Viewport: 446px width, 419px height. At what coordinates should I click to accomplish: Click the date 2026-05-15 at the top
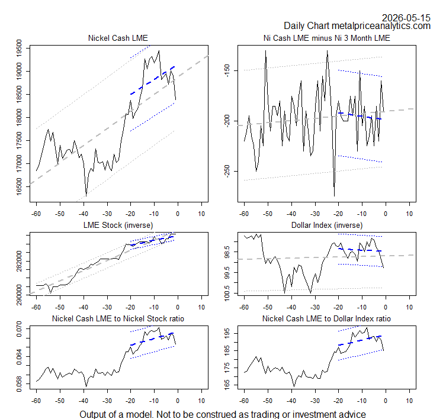pyautogui.click(x=406, y=18)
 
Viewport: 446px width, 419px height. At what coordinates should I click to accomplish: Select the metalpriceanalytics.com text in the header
pyautogui.click(x=381, y=26)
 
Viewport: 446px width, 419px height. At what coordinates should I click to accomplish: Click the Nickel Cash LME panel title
pyautogui.click(x=118, y=38)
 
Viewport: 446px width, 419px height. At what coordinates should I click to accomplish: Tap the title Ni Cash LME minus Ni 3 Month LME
pyautogui.click(x=326, y=38)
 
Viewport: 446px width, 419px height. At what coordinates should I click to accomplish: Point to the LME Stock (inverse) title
pyautogui.click(x=118, y=225)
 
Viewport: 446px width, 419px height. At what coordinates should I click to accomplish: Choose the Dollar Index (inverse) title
pyautogui.click(x=327, y=225)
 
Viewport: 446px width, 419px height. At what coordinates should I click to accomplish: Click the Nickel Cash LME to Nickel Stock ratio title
pyautogui.click(x=118, y=318)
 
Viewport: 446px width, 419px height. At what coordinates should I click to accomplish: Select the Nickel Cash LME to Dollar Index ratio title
pyautogui.click(x=326, y=318)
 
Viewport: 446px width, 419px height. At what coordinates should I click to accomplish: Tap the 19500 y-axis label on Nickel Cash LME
pyautogui.click(x=19, y=49)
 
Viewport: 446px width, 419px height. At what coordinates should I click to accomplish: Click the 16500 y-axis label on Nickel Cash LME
pyautogui.click(x=19, y=187)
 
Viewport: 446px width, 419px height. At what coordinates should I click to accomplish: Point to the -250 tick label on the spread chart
pyautogui.click(x=227, y=171)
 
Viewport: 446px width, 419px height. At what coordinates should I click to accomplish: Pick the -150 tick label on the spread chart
pyautogui.click(x=227, y=70)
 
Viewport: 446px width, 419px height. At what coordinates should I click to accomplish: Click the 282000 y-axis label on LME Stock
pyautogui.click(x=19, y=261)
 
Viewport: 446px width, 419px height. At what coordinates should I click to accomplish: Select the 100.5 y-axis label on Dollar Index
pyautogui.click(x=227, y=293)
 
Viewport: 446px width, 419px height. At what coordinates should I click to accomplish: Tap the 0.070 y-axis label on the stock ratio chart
pyautogui.click(x=19, y=329)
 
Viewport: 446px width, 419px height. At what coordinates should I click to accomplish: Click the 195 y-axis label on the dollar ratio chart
pyautogui.click(x=227, y=333)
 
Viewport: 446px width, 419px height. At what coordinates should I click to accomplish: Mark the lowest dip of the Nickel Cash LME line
pyautogui.click(x=86, y=196)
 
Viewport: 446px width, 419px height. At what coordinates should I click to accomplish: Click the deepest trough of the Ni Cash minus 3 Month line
pyautogui.click(x=334, y=196)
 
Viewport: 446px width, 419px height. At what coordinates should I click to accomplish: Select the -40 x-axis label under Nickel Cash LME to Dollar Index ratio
pyautogui.click(x=291, y=401)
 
